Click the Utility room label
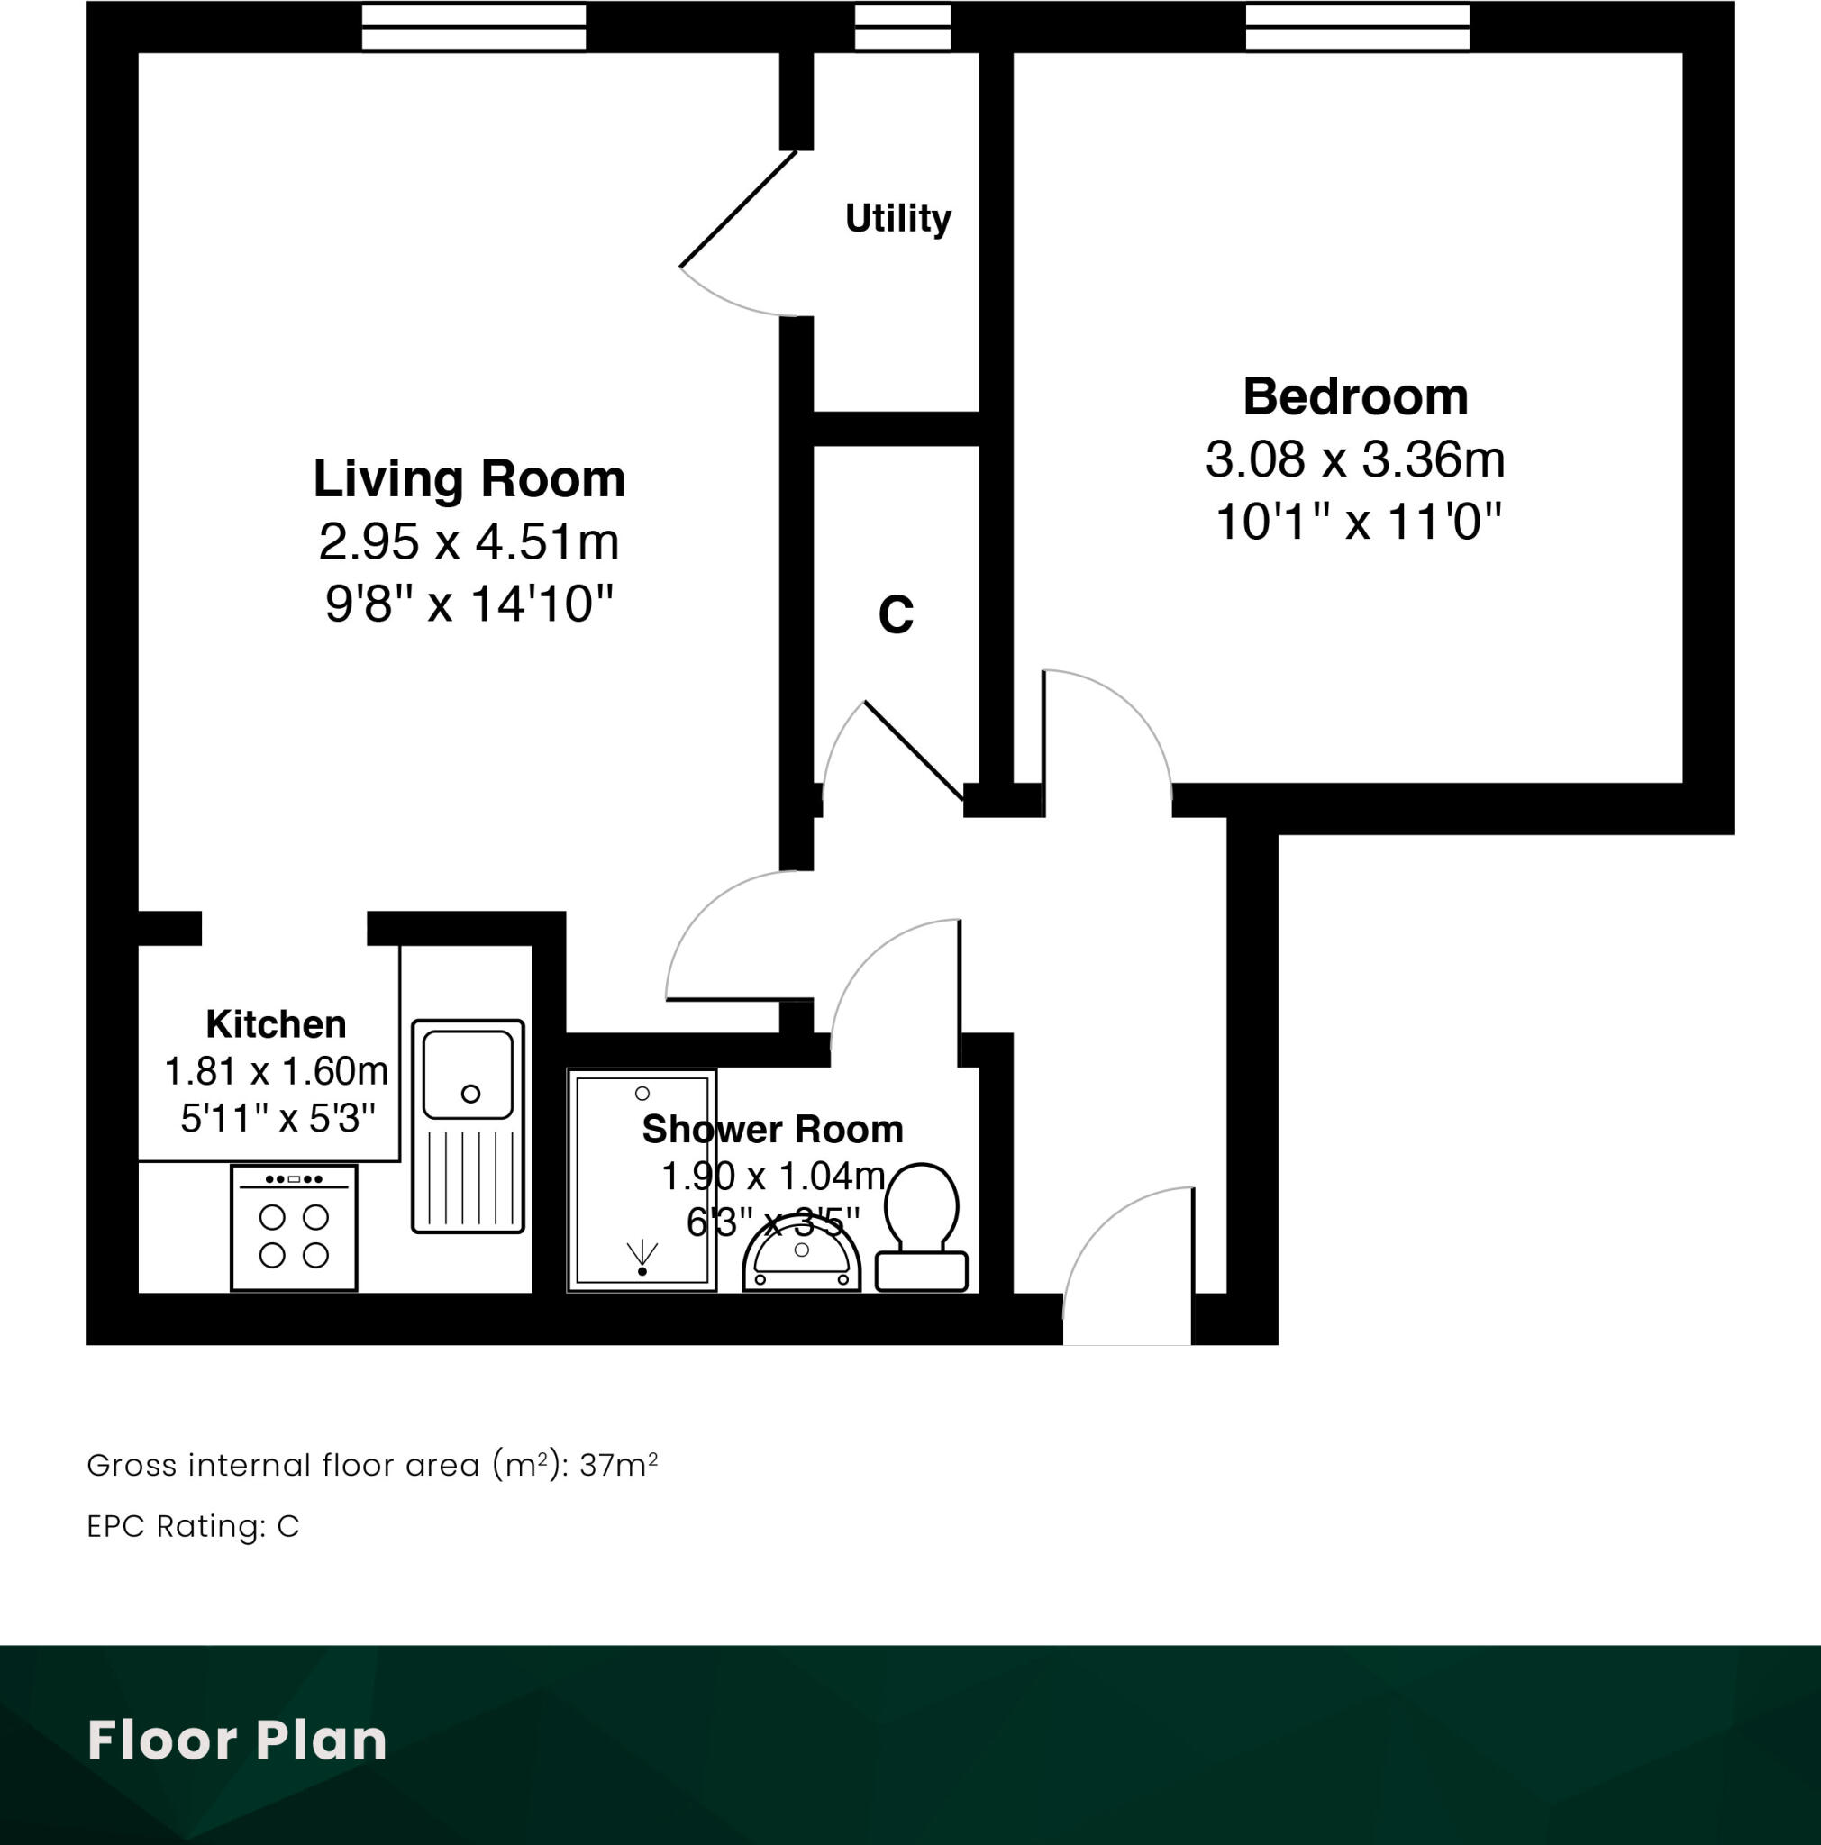click(x=897, y=219)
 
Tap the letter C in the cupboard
click(x=896, y=614)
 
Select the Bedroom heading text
click(x=1355, y=396)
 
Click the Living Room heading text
click(x=469, y=478)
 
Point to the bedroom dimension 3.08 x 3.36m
click(x=1355, y=459)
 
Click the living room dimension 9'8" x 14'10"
click(x=469, y=604)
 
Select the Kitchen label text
click(x=276, y=1024)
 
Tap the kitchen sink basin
click(x=468, y=1075)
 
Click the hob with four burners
click(x=294, y=1227)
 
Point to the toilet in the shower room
click(x=922, y=1223)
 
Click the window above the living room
click(x=474, y=27)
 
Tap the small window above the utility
click(x=902, y=27)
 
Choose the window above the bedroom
click(x=1357, y=27)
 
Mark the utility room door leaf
click(x=737, y=209)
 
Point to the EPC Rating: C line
click(x=193, y=1526)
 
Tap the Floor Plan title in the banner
click(x=237, y=1740)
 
